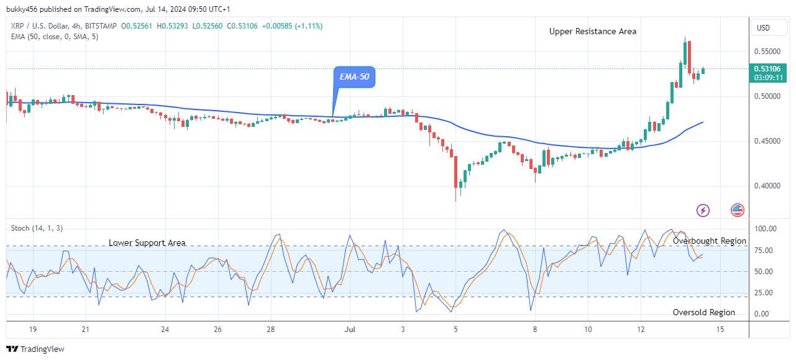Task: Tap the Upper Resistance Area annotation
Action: tap(592, 31)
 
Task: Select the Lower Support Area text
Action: tap(147, 242)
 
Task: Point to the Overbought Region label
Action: tap(710, 241)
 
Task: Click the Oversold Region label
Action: tap(703, 312)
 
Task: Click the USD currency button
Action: tap(762, 28)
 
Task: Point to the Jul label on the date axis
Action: tap(350, 329)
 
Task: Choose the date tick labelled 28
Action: tap(271, 329)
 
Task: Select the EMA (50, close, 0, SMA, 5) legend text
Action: tap(55, 37)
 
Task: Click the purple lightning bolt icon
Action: tap(703, 210)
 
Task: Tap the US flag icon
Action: tap(738, 210)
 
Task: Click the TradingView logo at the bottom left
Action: tap(35, 349)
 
